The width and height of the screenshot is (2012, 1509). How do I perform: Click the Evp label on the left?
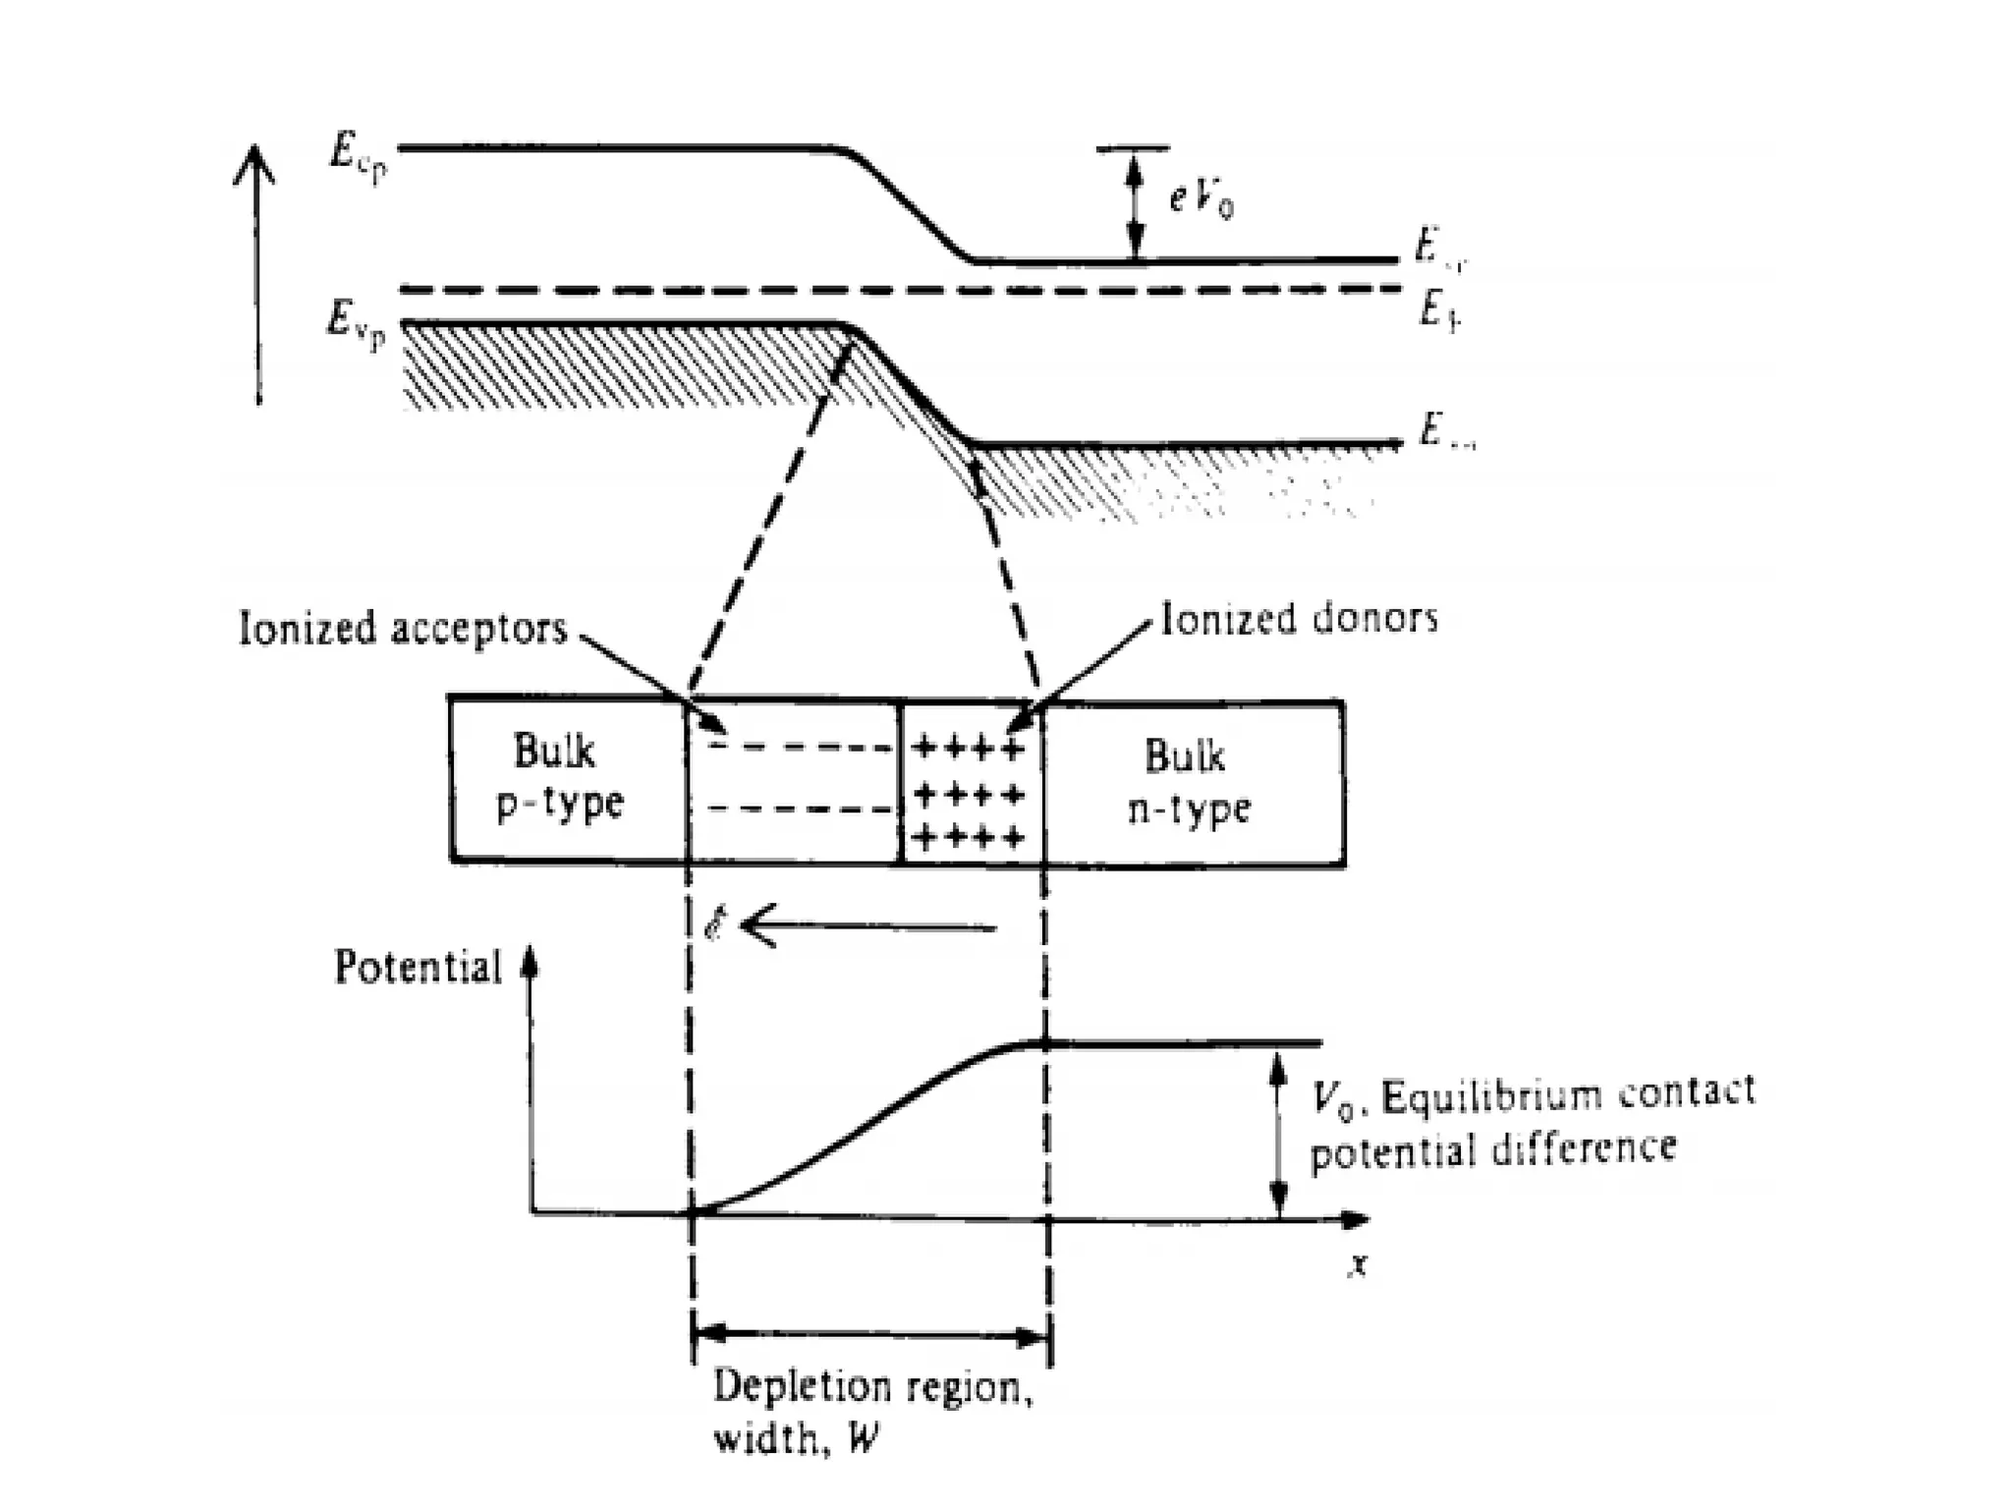(356, 326)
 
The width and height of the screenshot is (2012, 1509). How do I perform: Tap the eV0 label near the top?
(1201, 201)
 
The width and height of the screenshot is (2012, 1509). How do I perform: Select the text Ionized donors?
(1299, 619)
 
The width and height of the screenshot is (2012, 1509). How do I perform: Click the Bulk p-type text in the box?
(558, 778)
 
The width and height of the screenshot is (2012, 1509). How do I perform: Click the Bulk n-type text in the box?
(1188, 783)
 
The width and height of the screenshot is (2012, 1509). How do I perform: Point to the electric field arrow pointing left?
(869, 926)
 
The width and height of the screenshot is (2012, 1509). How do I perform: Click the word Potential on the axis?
(418, 968)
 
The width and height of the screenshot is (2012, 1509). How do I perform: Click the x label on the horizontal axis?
(1358, 1265)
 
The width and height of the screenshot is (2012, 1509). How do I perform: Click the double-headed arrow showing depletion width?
(871, 1336)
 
